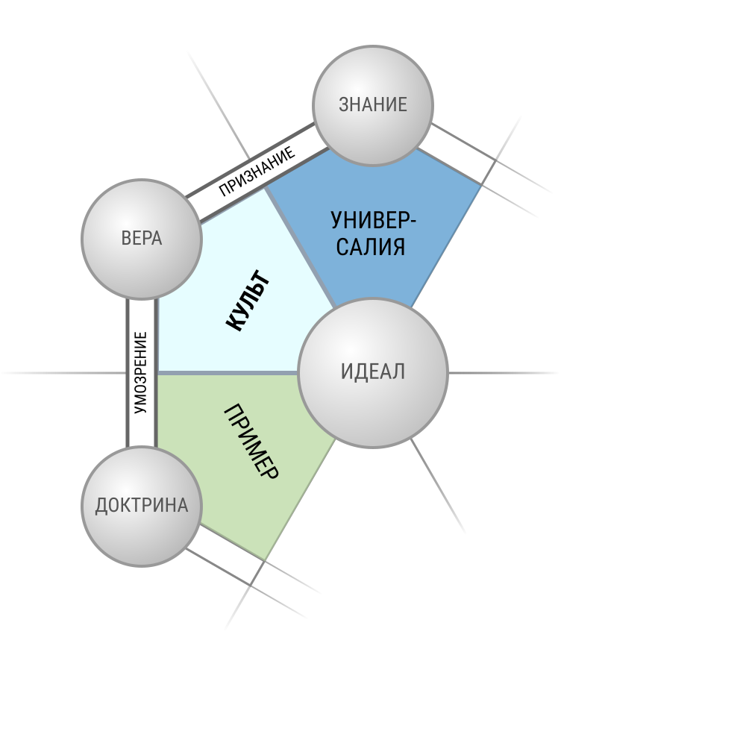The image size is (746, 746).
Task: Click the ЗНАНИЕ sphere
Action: tap(372, 106)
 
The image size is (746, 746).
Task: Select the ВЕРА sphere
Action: tap(142, 239)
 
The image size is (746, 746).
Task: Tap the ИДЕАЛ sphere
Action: tap(372, 373)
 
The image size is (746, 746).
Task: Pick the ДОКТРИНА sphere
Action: tap(142, 507)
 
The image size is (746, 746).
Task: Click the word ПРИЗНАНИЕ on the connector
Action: tap(257, 172)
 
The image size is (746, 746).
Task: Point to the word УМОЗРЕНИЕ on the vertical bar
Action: tap(141, 372)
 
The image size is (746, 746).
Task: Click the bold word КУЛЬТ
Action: tap(248, 300)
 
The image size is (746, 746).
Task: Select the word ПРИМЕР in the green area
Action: tap(251, 441)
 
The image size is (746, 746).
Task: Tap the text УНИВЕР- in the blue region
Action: tap(373, 220)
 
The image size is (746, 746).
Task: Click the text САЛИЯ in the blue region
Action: tap(371, 247)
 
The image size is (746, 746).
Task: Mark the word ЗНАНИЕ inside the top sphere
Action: tap(372, 104)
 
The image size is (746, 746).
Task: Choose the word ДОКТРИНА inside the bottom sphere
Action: tap(142, 505)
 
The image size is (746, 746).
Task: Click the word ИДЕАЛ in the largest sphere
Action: tap(372, 372)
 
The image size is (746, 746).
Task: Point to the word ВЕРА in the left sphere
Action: tap(142, 238)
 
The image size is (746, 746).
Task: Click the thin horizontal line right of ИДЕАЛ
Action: tap(503, 373)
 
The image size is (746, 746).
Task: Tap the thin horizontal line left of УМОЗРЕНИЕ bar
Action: tap(63, 373)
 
